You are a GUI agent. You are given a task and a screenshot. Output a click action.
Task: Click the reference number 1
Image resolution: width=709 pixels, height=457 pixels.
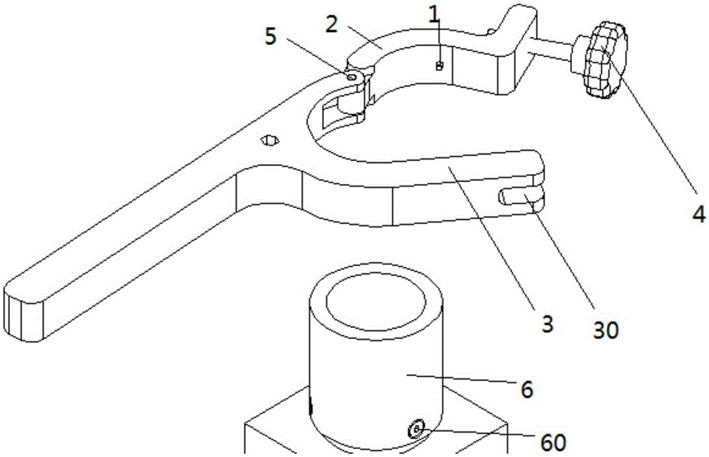coord(434,16)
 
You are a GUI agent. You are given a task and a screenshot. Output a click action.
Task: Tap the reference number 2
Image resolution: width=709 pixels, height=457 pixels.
coord(333,24)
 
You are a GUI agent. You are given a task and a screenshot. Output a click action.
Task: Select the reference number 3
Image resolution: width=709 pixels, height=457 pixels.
coord(547,324)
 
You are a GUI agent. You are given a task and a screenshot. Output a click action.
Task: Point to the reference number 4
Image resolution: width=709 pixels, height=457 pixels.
coord(699,213)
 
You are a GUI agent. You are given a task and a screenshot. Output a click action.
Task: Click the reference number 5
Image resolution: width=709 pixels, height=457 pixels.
coord(270,37)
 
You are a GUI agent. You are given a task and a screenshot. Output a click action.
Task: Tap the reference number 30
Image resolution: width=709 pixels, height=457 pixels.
coord(606,331)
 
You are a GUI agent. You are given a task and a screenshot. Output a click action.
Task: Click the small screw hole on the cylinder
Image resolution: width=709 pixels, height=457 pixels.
coord(416,428)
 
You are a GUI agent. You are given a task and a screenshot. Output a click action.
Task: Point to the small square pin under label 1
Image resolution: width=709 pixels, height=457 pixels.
coord(438,66)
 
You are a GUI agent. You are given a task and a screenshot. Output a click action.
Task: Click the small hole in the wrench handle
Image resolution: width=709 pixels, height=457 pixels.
coord(269,141)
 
